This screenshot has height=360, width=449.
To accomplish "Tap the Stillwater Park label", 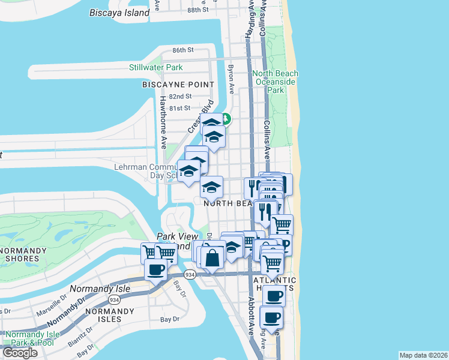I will pos(156,67).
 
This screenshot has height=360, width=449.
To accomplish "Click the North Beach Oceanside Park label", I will pos(275,82).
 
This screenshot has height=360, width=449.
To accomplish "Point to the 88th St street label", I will pos(197,10).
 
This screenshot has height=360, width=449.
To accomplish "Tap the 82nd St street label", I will pos(179,96).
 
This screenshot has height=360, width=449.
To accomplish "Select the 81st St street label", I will pos(179,108).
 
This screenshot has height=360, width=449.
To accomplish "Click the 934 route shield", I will pos(190,275).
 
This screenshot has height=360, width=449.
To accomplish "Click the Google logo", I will pos(20,353).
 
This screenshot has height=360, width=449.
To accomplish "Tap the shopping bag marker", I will pos(212,259).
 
